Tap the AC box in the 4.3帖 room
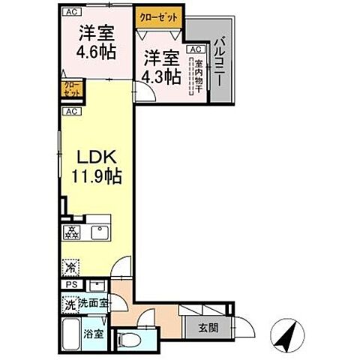coord(193,49)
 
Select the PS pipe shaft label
coord(70,285)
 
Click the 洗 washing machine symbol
coord(69,304)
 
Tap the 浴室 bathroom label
coord(93,333)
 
